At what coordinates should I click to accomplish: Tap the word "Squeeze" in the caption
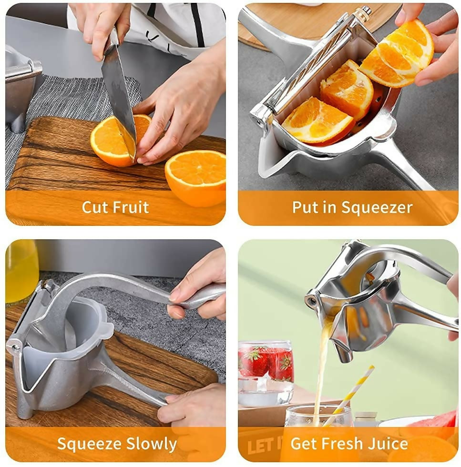[89, 444]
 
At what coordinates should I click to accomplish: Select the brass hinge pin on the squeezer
[364, 11]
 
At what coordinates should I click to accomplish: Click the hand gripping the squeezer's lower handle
[191, 405]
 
